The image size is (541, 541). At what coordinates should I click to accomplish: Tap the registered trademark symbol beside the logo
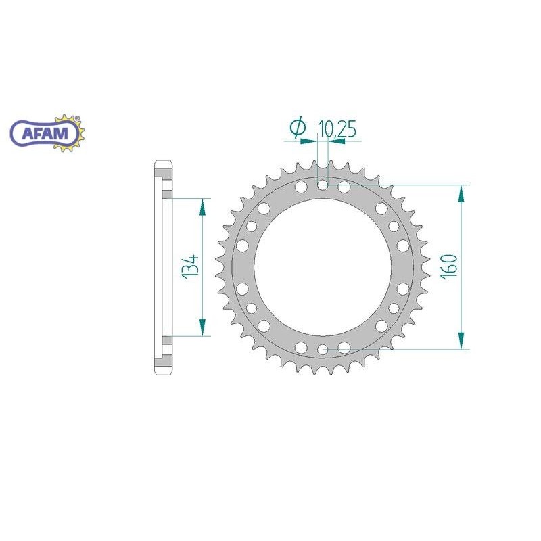pos(76,119)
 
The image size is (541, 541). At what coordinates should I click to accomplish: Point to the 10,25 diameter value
pos(336,128)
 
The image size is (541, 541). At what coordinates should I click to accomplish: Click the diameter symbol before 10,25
pos(297,127)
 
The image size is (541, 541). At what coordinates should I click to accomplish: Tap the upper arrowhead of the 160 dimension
pos(461,193)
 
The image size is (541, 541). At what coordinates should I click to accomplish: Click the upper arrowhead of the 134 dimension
pos(202,206)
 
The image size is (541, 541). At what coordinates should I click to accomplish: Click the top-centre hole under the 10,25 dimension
pos(323,184)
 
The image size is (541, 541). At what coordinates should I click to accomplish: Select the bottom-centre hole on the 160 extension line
pos(323,349)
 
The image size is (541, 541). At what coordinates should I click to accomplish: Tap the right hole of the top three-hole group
pos(344,186)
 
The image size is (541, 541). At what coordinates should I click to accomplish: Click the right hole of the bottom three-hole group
pos(344,348)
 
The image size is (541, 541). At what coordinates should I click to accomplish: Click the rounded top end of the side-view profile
pos(163,165)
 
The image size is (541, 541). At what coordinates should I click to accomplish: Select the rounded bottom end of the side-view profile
pos(163,370)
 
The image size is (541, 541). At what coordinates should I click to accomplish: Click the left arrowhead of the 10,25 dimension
pos(313,141)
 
